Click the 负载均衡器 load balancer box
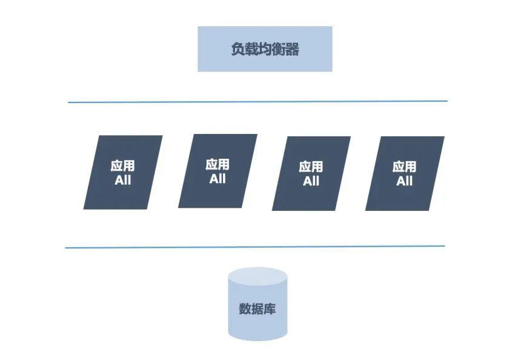click(x=265, y=49)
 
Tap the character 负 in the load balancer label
click(x=238, y=50)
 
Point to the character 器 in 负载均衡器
click(x=292, y=50)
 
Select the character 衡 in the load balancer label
click(x=279, y=50)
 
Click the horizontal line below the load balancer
click(x=257, y=101)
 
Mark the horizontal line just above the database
click(x=254, y=247)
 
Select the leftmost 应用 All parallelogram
click(x=123, y=172)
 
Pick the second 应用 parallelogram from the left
click(x=217, y=171)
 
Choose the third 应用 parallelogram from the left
click(x=311, y=173)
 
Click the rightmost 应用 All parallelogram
click(x=405, y=173)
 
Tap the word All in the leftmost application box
click(x=122, y=180)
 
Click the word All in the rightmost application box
click(x=405, y=181)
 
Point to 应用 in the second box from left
click(x=217, y=164)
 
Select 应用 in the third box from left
click(x=311, y=167)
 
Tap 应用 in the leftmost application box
click(x=122, y=166)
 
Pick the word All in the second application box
click(x=217, y=179)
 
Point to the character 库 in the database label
click(x=270, y=309)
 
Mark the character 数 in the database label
click(x=245, y=309)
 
